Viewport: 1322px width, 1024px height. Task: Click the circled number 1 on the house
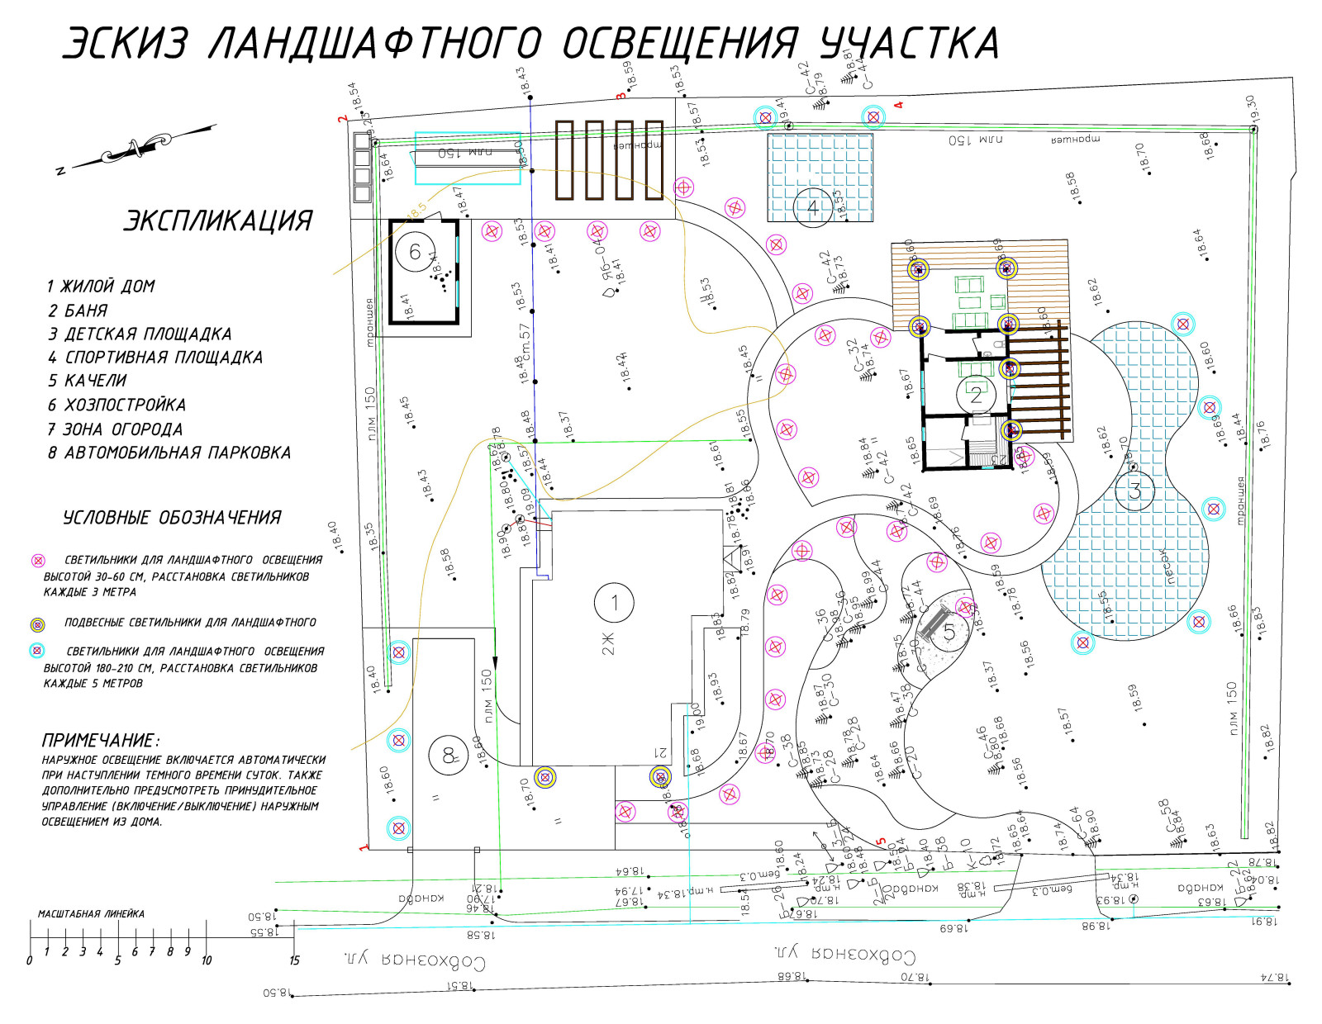(614, 603)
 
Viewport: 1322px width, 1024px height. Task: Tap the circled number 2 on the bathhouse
(976, 394)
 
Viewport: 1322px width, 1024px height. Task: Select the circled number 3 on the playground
(1134, 491)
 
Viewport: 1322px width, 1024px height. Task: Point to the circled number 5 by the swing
(949, 633)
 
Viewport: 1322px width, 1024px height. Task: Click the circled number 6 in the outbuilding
(415, 251)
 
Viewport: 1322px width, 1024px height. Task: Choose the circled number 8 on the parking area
(449, 755)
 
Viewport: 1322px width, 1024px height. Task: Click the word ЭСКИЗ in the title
(125, 44)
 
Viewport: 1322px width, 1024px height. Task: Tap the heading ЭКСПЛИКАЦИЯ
(218, 221)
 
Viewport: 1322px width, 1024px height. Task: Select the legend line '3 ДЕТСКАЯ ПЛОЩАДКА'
(140, 334)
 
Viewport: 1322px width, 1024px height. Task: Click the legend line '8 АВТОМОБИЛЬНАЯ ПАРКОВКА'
(169, 453)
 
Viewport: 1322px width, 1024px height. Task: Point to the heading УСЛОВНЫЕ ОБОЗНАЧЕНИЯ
(172, 518)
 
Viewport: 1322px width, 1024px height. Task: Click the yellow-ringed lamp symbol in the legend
(37, 623)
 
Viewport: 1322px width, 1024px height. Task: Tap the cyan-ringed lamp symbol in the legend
(37, 651)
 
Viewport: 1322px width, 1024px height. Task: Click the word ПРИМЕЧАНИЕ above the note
(100, 740)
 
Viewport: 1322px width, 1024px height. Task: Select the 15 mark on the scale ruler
(294, 960)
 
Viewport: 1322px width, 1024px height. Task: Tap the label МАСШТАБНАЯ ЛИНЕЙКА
(91, 913)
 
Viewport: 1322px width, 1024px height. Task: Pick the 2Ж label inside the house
(608, 643)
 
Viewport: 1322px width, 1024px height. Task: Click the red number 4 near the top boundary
(899, 106)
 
